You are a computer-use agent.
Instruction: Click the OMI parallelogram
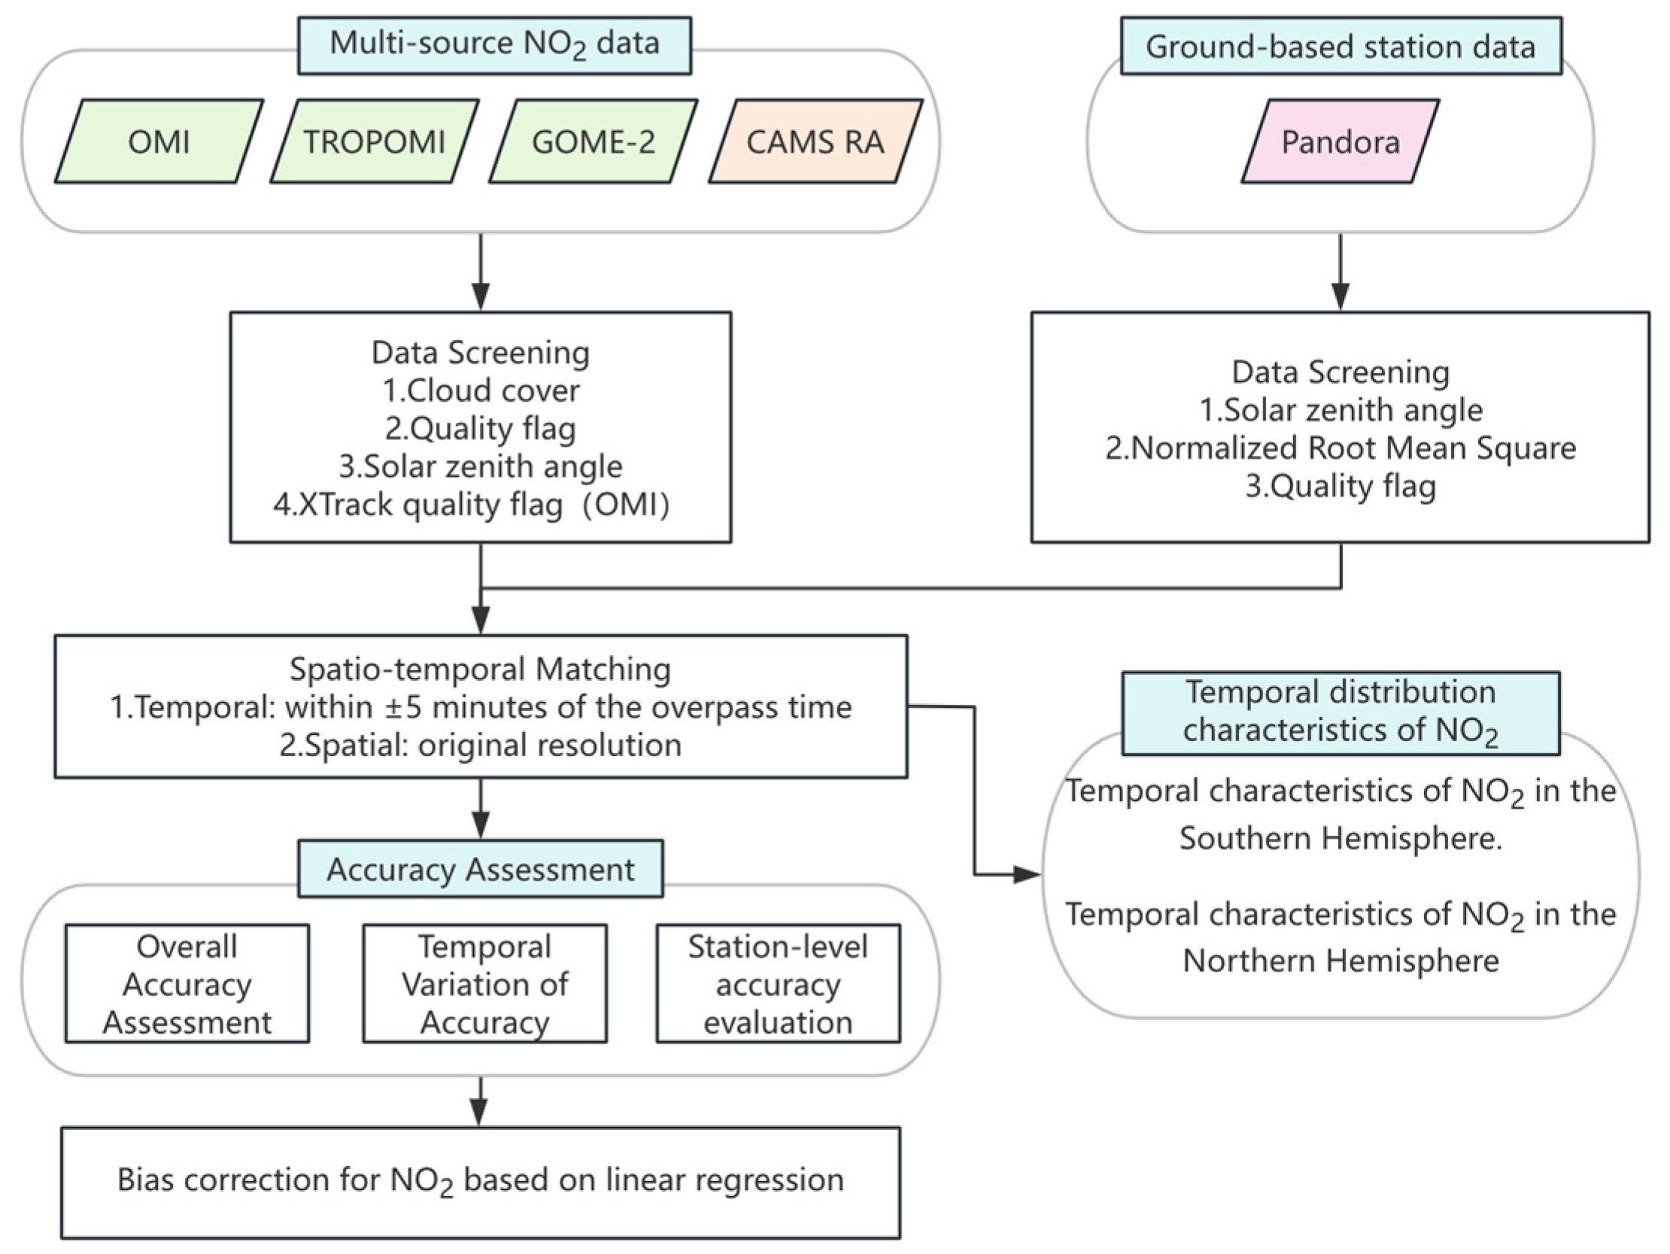coord(159,141)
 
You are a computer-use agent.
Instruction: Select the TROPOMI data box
coord(375,141)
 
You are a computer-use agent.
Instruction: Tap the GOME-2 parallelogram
coord(594,141)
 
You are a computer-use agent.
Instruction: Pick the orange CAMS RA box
coord(815,141)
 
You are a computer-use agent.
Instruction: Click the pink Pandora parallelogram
coord(1341,141)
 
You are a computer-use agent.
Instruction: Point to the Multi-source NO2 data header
coord(494,45)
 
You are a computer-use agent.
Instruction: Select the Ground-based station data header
coord(1341,46)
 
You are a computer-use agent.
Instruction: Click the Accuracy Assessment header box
coord(480,868)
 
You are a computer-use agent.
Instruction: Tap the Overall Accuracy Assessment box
coord(187,984)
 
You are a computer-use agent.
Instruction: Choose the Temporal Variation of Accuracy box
coord(484,984)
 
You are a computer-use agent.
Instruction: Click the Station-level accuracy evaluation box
coord(779,984)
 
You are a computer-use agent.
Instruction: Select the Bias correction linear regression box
coord(481,1183)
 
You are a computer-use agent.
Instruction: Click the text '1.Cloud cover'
coord(481,390)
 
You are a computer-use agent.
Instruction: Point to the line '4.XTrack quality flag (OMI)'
coord(472,505)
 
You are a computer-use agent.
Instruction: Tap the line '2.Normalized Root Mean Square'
coord(1341,448)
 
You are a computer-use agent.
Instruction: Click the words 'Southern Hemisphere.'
coord(1341,838)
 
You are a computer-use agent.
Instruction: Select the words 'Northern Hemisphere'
coord(1341,961)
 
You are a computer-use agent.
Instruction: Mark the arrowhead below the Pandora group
coord(1341,296)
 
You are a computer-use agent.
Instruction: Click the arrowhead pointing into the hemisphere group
coord(1028,874)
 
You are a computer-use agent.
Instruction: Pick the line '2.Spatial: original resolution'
coord(481,745)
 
